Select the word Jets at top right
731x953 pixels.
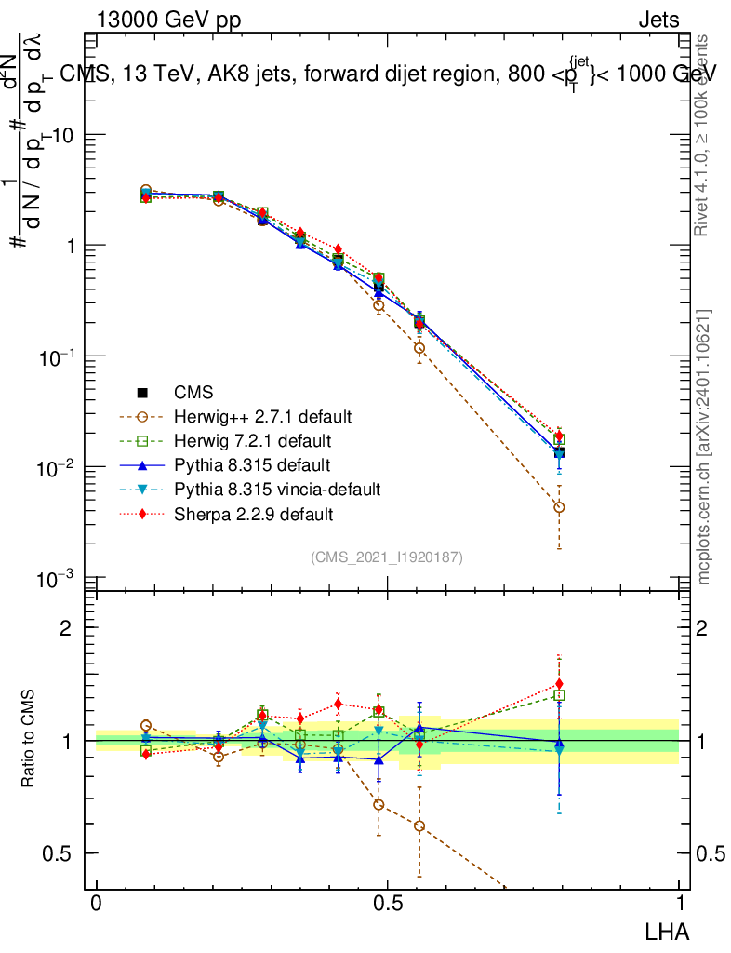(658, 20)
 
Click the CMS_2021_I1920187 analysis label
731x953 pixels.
(387, 557)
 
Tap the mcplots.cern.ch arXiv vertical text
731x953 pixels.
(704, 447)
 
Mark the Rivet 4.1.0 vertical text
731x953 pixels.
(704, 135)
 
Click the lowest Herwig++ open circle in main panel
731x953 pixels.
(559, 507)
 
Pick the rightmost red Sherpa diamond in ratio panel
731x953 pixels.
(559, 685)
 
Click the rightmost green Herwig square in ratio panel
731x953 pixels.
(559, 695)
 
